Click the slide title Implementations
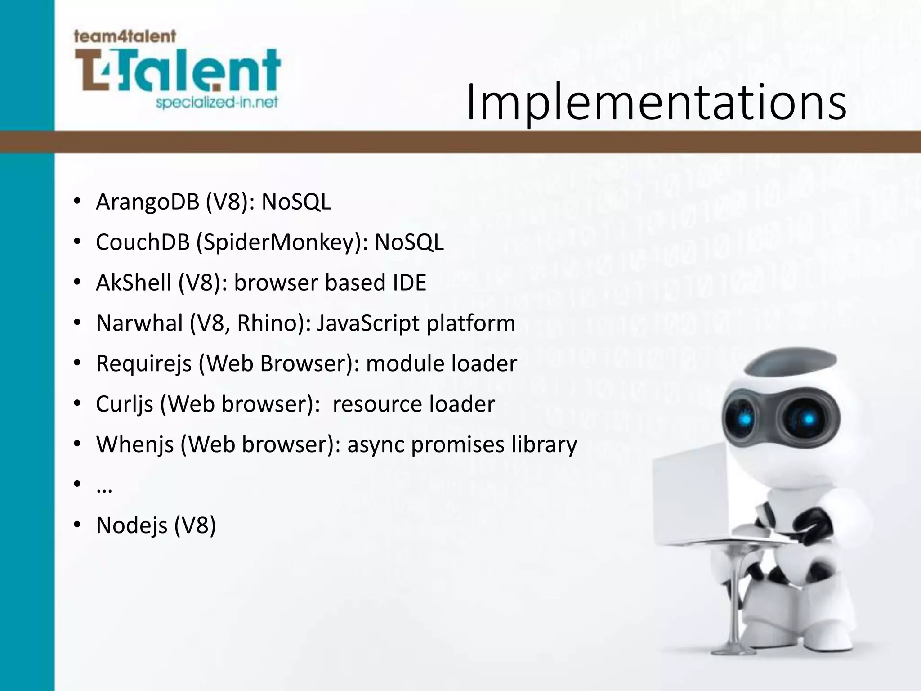(x=656, y=103)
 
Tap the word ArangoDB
(x=148, y=202)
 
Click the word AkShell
(x=134, y=283)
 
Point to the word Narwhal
(x=139, y=323)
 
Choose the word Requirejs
(x=144, y=364)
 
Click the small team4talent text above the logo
(x=125, y=36)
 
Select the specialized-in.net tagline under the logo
(x=217, y=103)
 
